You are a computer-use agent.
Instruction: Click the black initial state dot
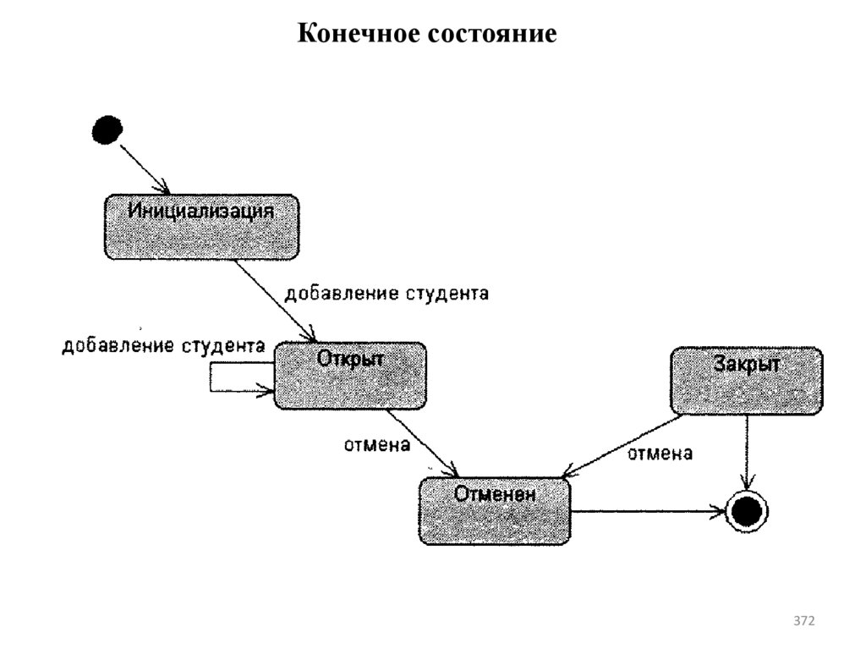[107, 130]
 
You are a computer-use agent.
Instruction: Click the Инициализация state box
[201, 226]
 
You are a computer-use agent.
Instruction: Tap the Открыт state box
[350, 375]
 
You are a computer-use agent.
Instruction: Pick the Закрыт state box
[746, 380]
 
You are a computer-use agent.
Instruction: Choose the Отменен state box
[495, 511]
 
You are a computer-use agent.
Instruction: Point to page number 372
[803, 622]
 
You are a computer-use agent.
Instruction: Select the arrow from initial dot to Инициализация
[145, 168]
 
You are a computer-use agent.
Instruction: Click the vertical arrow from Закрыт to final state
[746, 453]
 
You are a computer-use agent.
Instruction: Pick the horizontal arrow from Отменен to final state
[647, 511]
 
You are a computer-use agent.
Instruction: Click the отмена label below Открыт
[376, 443]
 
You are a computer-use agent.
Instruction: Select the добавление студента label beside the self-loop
[163, 345]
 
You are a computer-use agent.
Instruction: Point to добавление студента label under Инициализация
[386, 294]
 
